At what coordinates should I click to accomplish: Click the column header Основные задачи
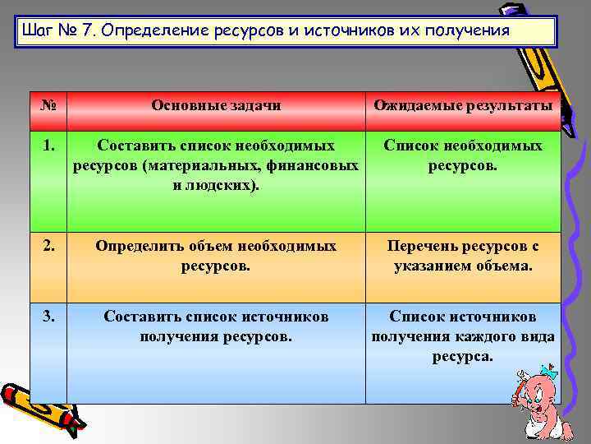click(x=216, y=105)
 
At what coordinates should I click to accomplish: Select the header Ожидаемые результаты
click(x=463, y=105)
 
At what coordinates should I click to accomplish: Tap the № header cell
click(x=48, y=105)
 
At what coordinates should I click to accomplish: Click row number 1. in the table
click(x=48, y=146)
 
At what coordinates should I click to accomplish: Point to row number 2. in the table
click(x=48, y=245)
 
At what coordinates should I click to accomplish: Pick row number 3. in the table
click(x=48, y=316)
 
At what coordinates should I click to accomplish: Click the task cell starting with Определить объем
click(x=216, y=256)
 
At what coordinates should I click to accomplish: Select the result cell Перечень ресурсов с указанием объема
click(x=463, y=256)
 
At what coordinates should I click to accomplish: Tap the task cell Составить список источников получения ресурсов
click(x=216, y=326)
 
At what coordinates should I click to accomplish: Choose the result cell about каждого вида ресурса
click(x=463, y=335)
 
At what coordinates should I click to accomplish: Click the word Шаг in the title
click(x=39, y=31)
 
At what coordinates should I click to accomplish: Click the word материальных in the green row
click(x=193, y=165)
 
